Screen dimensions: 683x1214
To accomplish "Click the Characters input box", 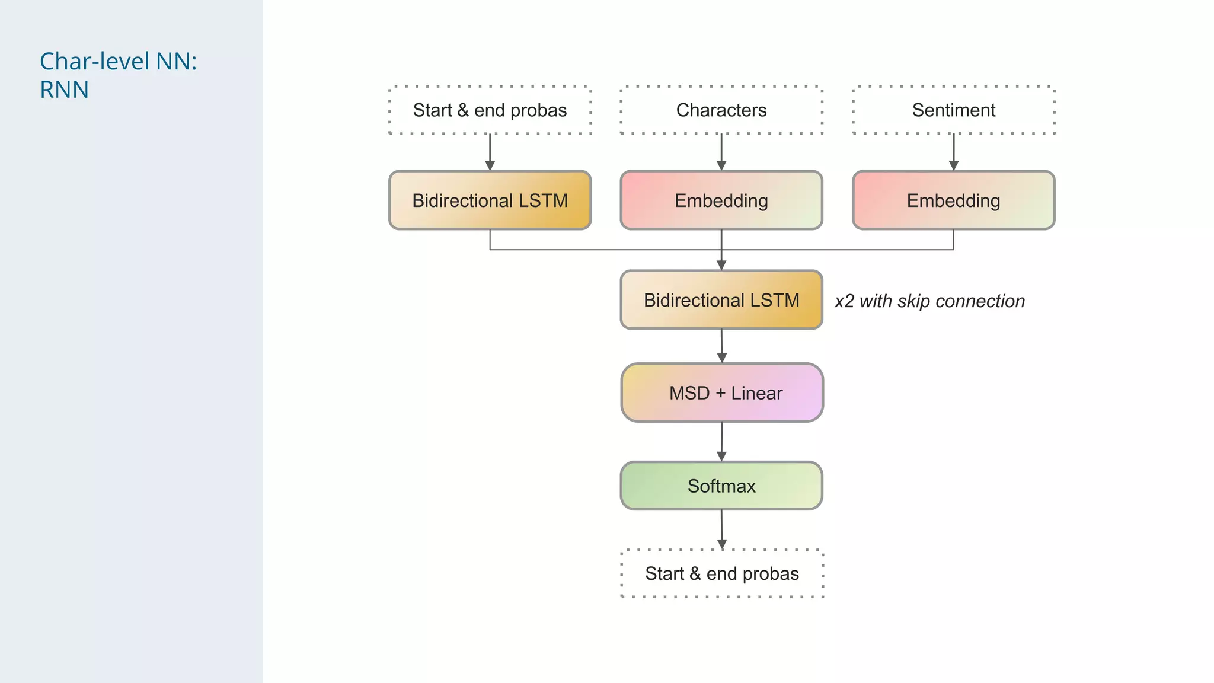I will [x=721, y=110].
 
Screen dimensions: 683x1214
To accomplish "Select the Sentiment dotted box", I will [x=953, y=110].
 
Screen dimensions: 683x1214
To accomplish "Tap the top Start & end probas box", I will [x=490, y=110].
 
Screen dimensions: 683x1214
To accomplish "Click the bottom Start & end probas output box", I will [x=722, y=573].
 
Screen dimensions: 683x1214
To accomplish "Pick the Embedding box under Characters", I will [x=721, y=200].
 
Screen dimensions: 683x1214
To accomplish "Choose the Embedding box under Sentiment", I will [x=953, y=200].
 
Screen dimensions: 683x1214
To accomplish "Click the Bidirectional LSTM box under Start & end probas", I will [x=490, y=200].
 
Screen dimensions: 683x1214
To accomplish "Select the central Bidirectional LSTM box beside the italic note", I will [x=721, y=300].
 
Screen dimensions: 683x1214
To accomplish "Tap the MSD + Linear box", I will [x=722, y=392].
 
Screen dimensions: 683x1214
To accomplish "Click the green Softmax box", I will [x=721, y=486].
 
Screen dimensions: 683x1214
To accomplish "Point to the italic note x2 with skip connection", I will [x=929, y=301].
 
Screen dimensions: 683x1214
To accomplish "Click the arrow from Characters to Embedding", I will [x=721, y=152].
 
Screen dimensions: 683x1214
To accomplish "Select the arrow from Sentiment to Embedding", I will [x=954, y=152].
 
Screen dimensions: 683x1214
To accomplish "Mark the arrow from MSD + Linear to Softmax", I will [x=722, y=442].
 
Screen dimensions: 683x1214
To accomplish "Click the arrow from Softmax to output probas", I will [x=722, y=529].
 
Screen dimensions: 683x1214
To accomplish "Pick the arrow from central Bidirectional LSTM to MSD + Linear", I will [x=722, y=346].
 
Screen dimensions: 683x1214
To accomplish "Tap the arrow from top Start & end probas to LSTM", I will [x=490, y=152].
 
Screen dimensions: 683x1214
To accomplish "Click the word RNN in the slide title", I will [x=64, y=90].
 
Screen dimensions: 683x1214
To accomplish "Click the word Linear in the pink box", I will [x=756, y=393].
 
